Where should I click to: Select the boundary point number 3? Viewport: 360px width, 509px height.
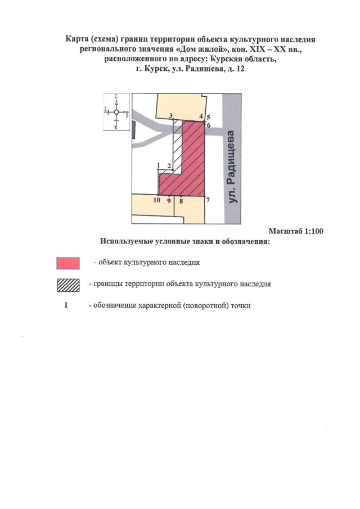click(170, 115)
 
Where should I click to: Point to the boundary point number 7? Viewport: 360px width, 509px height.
click(208, 200)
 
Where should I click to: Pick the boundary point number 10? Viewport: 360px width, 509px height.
click(157, 200)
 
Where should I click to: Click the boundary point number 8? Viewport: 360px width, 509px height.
click(181, 200)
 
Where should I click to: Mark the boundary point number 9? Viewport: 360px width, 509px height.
click(169, 200)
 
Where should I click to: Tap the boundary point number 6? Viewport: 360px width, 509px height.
click(208, 125)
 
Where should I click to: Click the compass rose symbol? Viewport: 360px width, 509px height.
click(116, 112)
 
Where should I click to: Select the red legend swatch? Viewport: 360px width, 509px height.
click(68, 263)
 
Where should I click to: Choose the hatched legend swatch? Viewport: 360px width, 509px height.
click(68, 285)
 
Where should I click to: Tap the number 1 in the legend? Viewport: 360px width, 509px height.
click(66, 305)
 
